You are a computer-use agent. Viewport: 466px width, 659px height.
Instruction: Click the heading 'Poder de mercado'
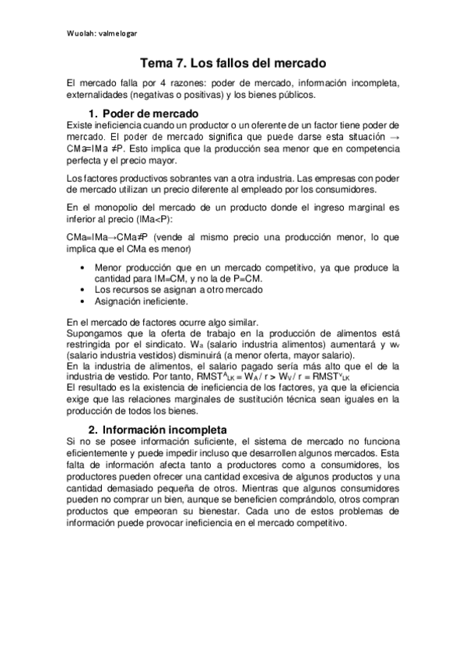click(x=150, y=113)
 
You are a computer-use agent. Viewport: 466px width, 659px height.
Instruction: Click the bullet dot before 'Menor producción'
click(x=84, y=267)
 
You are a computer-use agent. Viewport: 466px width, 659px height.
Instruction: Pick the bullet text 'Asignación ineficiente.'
click(x=141, y=301)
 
